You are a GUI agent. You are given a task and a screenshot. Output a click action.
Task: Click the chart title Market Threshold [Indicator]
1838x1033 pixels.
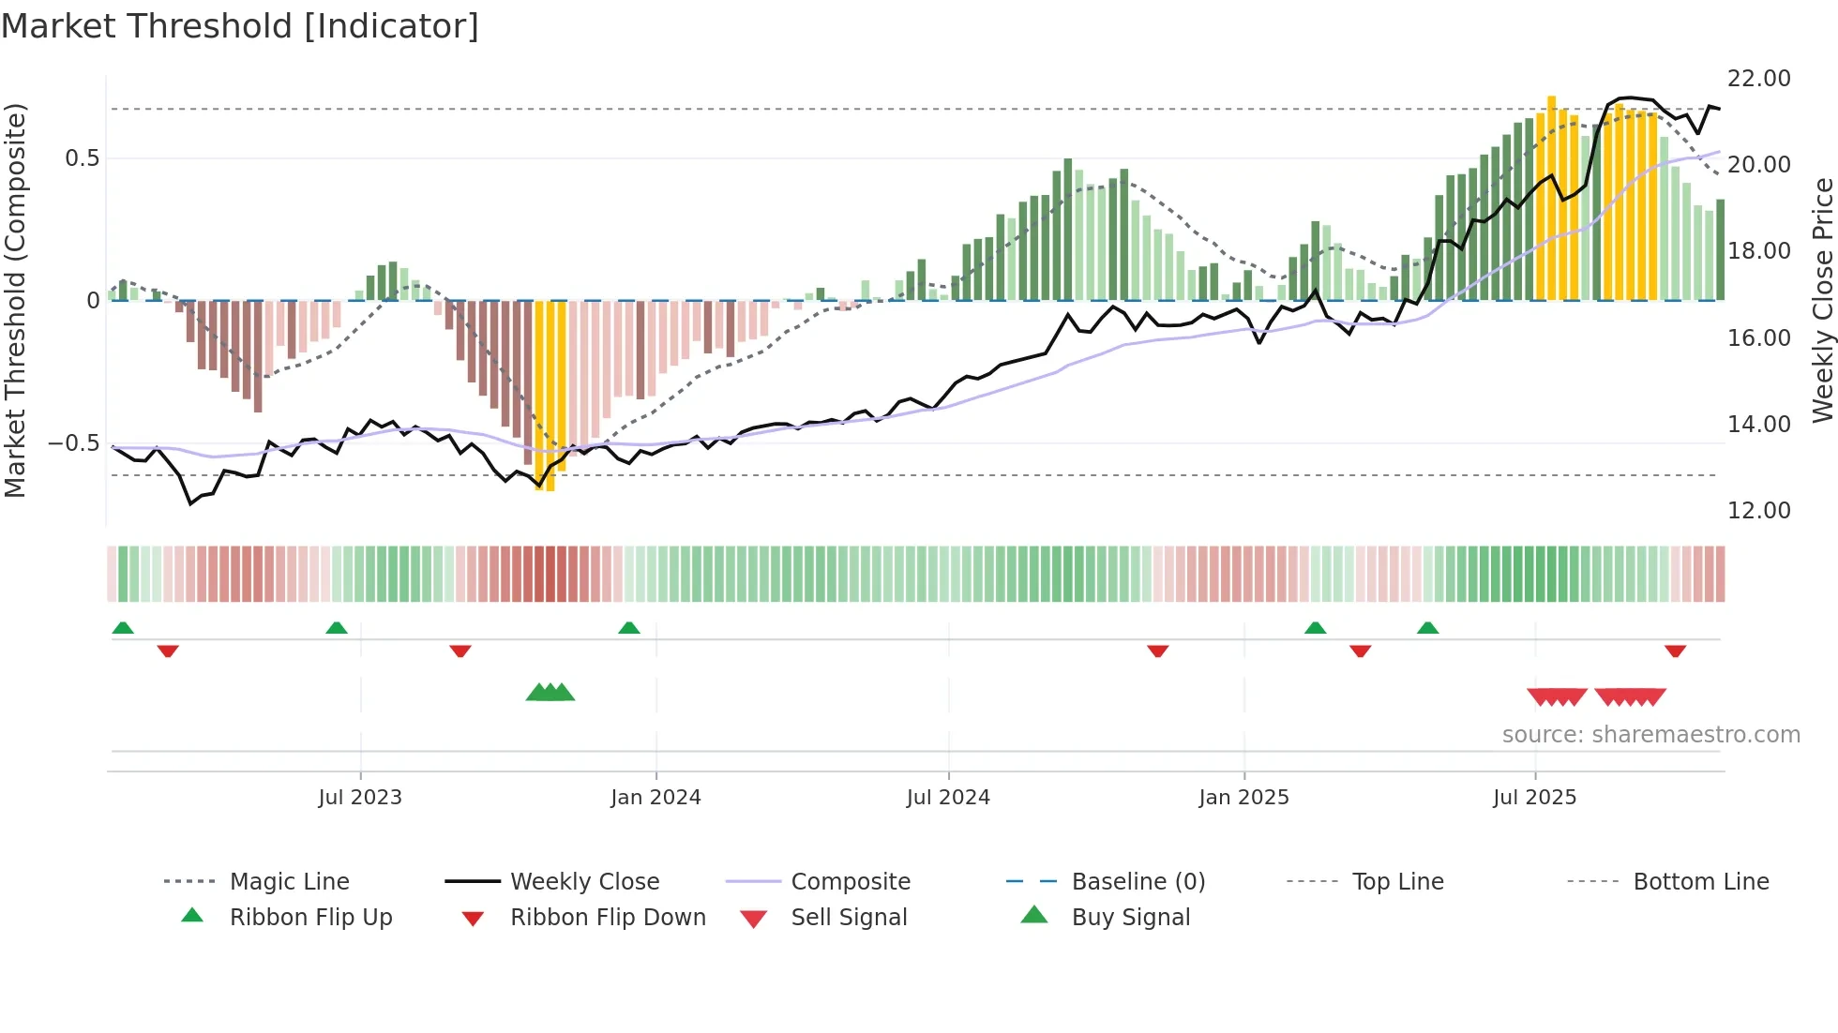click(240, 26)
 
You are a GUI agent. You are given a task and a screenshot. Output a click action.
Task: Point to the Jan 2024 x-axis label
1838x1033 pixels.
click(655, 798)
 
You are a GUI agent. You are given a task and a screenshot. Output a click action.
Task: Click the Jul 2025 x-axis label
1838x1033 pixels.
click(1534, 798)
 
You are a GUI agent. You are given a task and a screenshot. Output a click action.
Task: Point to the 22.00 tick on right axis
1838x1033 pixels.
click(1758, 79)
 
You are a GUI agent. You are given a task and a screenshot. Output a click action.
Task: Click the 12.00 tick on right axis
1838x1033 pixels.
click(1758, 511)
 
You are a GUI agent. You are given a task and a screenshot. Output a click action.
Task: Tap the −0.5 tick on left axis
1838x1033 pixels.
click(74, 443)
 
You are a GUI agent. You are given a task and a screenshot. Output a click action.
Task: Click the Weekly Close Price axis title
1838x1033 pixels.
click(1822, 300)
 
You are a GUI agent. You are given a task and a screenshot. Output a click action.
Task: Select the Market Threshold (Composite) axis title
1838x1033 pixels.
click(15, 300)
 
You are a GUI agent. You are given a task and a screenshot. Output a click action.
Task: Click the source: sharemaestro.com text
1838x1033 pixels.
click(1650, 735)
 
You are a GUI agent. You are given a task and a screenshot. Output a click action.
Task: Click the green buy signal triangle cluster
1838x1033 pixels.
click(550, 693)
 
